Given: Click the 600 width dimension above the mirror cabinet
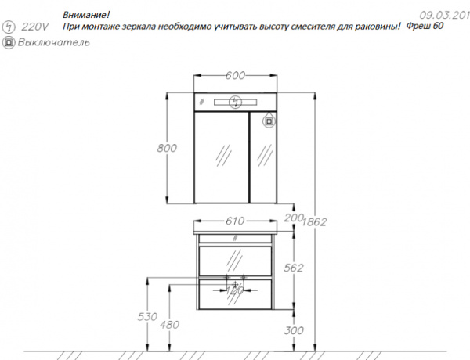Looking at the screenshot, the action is [x=235, y=75].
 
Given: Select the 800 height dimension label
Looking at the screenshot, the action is [x=167, y=148].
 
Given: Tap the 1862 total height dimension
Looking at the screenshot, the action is [x=314, y=222].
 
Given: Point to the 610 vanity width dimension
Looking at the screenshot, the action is [x=235, y=221].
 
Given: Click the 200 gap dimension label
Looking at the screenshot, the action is [x=294, y=218].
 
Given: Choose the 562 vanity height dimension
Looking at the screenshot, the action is [x=294, y=268].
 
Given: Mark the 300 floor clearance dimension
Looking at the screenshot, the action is [x=294, y=330].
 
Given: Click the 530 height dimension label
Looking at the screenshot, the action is [x=147, y=317].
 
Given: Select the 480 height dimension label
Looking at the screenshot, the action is [x=169, y=325].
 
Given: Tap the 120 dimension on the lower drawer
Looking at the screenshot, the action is [x=235, y=290].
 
